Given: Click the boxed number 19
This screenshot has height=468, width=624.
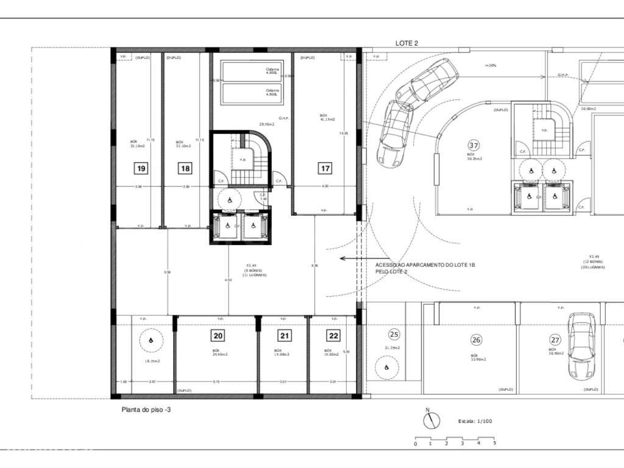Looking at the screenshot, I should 141,168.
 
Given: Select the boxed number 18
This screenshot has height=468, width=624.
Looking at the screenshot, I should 185,168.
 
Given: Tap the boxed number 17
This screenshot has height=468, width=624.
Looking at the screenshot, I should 325,168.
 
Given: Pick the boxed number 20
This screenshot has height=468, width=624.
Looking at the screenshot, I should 218,335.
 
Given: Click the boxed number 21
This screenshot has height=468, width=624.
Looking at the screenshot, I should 285,335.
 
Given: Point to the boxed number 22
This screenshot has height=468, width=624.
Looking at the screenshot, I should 333,335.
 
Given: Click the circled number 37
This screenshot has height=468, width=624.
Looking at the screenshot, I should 473,145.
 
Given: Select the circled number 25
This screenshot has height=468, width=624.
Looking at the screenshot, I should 394,334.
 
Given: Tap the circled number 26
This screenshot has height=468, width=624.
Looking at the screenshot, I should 476,340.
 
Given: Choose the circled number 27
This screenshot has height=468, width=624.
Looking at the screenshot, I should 555,340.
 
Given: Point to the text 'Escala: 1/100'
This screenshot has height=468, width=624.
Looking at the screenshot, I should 476,421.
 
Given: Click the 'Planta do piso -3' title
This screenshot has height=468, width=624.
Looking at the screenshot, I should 146,411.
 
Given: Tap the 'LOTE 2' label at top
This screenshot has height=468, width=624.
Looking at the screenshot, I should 406,43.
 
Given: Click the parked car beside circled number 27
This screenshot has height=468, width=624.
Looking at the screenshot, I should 581,346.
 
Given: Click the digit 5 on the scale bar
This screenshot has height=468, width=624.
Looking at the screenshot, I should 494,444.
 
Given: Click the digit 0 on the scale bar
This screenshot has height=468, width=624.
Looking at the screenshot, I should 416,444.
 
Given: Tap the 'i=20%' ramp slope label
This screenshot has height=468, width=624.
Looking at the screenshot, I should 491,65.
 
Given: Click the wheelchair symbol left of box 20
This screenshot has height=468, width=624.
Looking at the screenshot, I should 149,340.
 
